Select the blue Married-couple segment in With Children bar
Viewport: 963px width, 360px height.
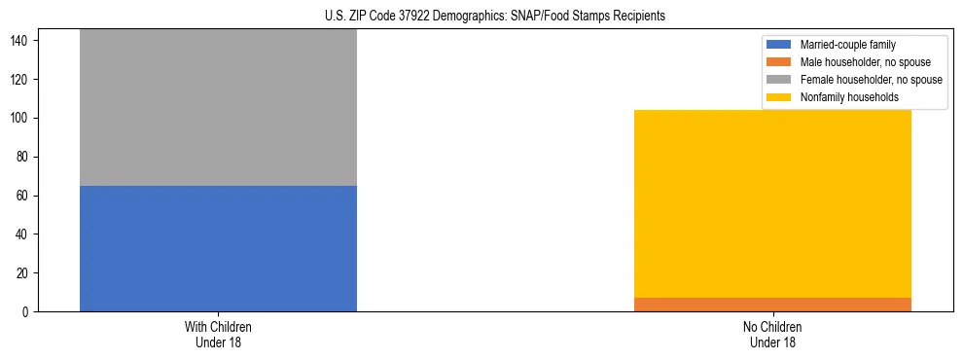point(218,248)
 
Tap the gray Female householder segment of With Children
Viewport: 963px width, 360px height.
point(218,107)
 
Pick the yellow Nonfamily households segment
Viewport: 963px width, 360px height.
point(772,203)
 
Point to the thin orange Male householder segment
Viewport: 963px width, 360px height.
point(772,305)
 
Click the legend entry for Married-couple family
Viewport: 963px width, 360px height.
point(847,45)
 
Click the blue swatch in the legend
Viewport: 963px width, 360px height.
point(780,45)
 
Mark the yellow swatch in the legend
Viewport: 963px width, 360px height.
point(780,97)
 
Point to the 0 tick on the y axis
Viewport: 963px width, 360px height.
point(28,312)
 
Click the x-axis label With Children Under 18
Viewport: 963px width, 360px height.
point(218,334)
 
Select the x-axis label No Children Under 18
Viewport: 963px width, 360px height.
point(772,334)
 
